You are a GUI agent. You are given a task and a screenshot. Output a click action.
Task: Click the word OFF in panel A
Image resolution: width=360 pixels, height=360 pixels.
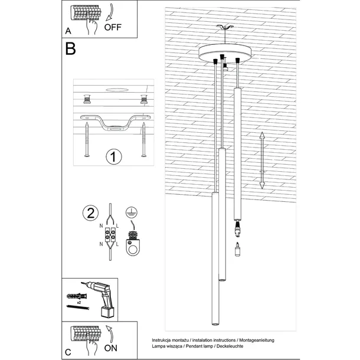(113, 27)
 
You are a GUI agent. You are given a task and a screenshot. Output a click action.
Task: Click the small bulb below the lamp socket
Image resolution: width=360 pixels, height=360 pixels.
(238, 250)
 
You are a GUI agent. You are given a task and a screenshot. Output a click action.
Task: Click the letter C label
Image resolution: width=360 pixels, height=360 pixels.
(68, 352)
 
